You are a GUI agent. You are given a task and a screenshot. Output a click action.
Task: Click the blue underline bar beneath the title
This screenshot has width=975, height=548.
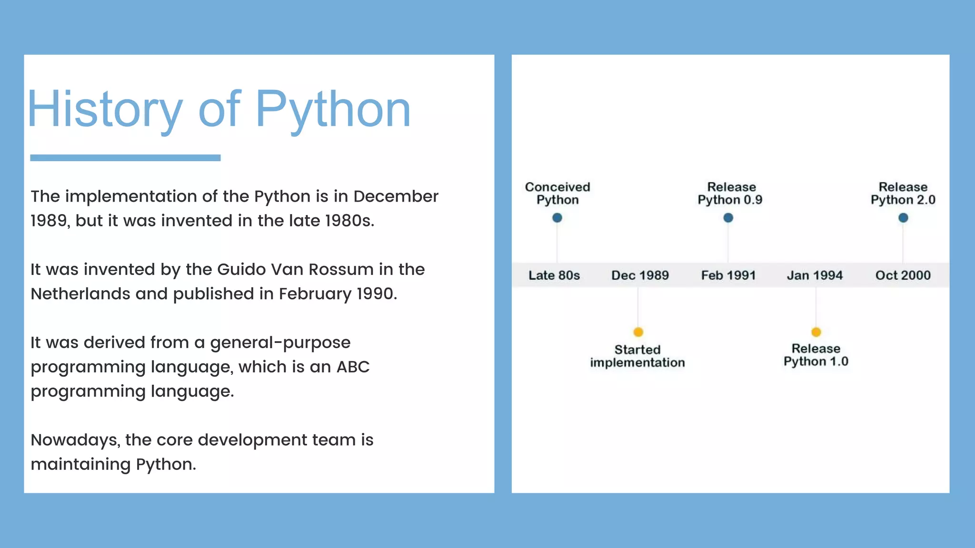[125, 157]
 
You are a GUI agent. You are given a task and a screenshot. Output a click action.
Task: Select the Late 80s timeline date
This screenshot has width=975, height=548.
[554, 275]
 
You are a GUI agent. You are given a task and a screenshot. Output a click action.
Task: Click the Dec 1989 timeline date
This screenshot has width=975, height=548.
[640, 275]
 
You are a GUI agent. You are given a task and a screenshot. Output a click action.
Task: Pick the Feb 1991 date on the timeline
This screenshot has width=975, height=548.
[728, 275]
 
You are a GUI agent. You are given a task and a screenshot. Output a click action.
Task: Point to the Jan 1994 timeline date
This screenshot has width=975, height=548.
[815, 275]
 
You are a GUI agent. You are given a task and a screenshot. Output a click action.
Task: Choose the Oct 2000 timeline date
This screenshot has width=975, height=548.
[903, 275]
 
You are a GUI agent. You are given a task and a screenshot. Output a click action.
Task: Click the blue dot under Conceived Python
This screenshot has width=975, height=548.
[557, 218]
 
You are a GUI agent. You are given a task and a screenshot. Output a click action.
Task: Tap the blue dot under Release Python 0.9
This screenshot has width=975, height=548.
[728, 218]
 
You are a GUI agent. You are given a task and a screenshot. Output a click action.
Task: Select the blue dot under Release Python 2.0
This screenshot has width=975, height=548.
[903, 218]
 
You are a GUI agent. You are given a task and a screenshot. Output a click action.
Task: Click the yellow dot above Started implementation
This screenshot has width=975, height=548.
[638, 332]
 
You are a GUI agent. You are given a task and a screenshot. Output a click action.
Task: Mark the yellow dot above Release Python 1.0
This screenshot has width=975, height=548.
[816, 332]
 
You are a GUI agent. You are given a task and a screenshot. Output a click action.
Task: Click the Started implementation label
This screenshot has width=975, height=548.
[637, 356]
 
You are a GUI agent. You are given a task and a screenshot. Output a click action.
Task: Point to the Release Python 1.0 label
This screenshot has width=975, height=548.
[816, 355]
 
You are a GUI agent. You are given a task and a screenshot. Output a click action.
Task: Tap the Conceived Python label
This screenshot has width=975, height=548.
[557, 193]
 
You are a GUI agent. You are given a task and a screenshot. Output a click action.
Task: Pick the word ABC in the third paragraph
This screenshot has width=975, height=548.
[353, 367]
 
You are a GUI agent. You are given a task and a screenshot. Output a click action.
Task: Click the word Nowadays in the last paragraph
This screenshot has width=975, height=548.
[75, 440]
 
